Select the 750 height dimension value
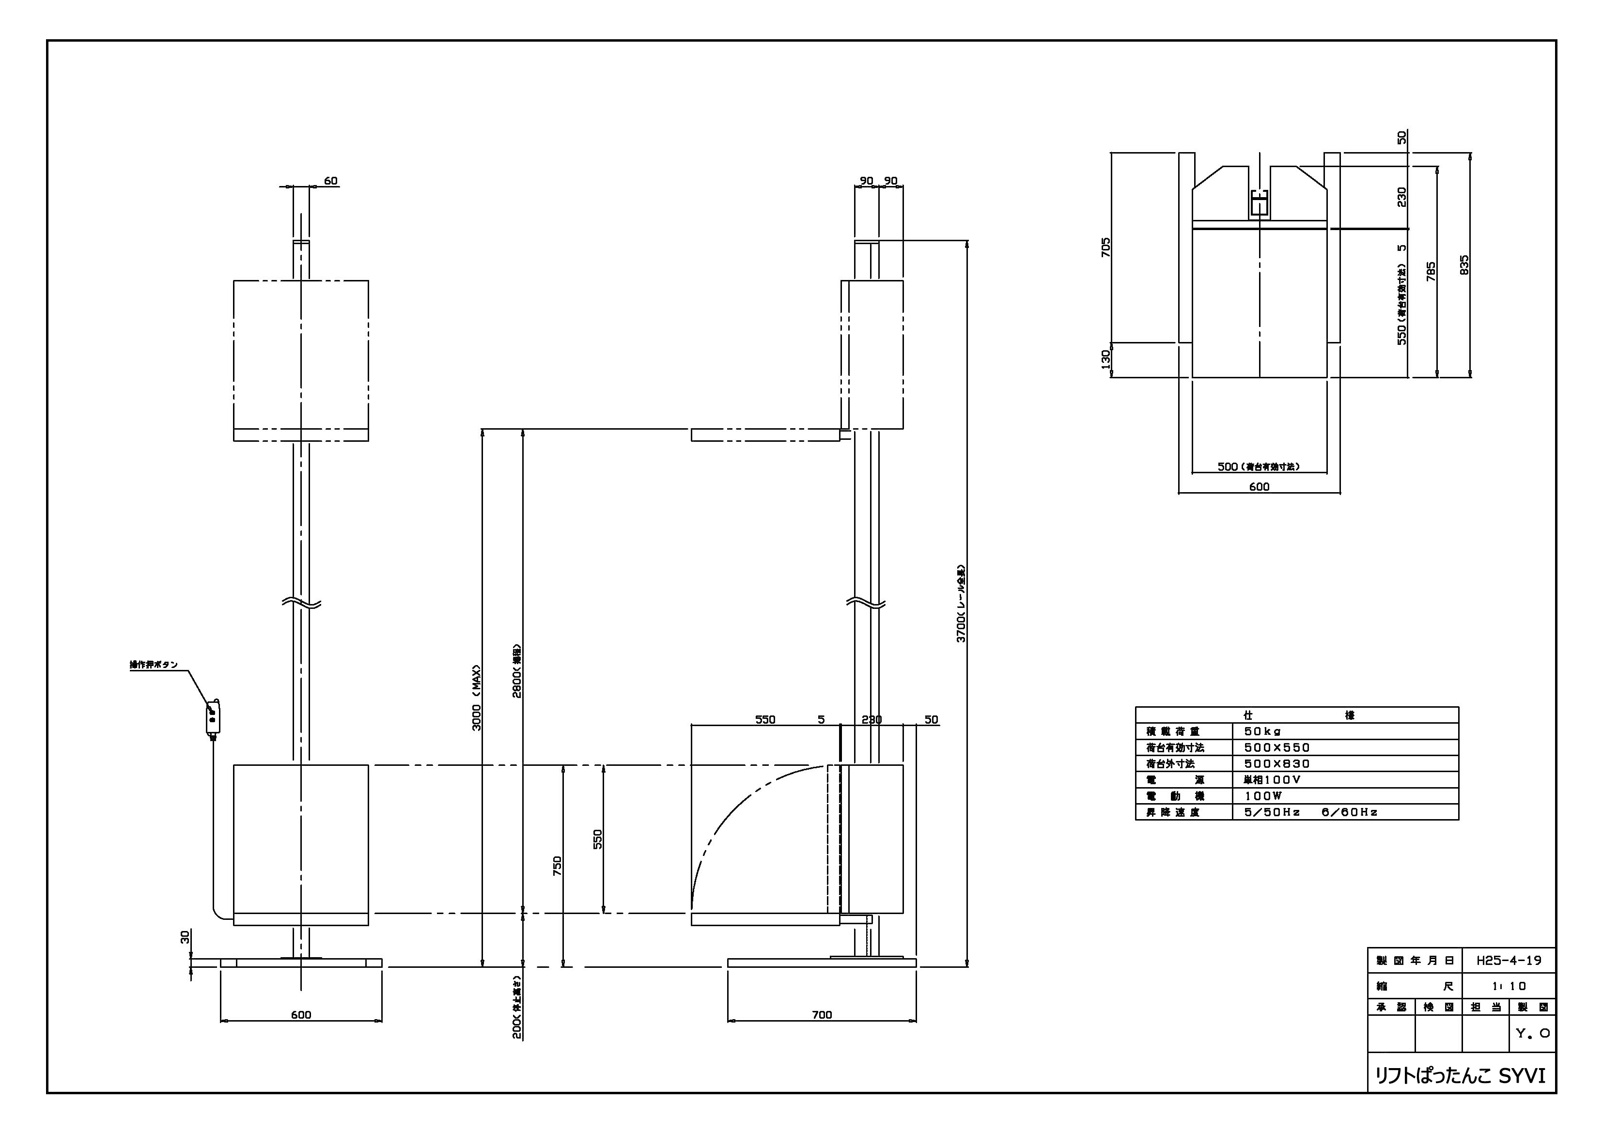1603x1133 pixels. point(557,866)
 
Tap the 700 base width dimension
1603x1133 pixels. point(822,1015)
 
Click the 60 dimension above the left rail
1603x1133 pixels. point(330,181)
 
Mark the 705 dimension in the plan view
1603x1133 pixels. point(1105,247)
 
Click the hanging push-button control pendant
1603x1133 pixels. point(214,718)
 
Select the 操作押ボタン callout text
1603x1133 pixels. point(154,665)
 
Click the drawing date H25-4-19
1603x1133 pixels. point(1509,961)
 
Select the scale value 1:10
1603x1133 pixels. point(1509,986)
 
